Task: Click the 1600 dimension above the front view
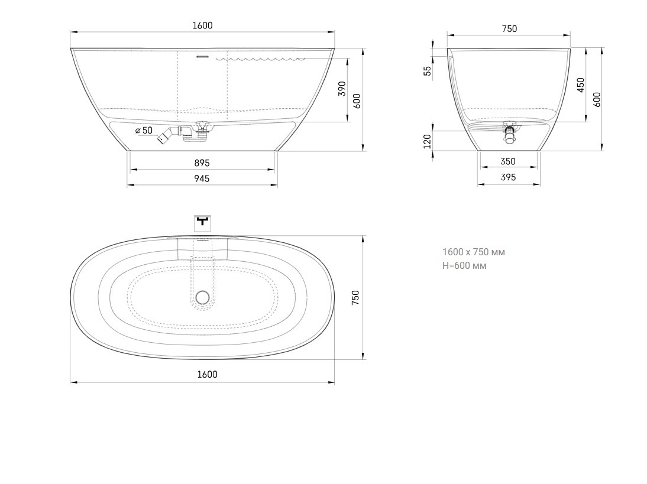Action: [x=202, y=25]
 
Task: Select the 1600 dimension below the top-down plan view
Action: [x=207, y=374]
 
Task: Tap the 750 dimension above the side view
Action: [x=509, y=28]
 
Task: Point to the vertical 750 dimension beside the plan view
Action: [x=355, y=297]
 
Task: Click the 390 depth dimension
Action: [x=342, y=89]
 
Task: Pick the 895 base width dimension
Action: [x=202, y=163]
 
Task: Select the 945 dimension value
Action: [x=202, y=178]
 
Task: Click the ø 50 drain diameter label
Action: [x=144, y=130]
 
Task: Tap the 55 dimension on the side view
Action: [x=427, y=71]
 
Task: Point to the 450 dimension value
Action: [x=581, y=85]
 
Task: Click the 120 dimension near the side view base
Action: [x=427, y=141]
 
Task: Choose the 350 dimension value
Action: [x=508, y=161]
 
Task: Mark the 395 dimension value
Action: [x=508, y=177]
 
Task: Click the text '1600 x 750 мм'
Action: [x=474, y=252]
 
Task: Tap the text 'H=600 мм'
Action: [x=464, y=265]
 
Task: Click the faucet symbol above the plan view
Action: [x=203, y=222]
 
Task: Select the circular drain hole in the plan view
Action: [x=203, y=298]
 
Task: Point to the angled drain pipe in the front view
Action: [x=166, y=137]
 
